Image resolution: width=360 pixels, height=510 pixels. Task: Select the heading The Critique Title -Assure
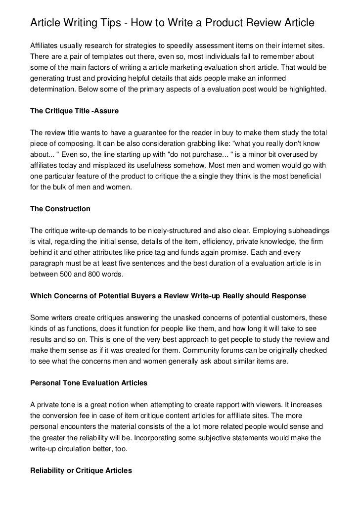click(75, 111)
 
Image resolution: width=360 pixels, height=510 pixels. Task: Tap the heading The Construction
click(60, 209)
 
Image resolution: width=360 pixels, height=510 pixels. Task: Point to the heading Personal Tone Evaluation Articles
click(89, 383)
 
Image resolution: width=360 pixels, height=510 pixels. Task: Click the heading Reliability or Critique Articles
click(81, 471)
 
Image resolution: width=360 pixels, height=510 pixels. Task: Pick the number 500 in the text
click(72, 274)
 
